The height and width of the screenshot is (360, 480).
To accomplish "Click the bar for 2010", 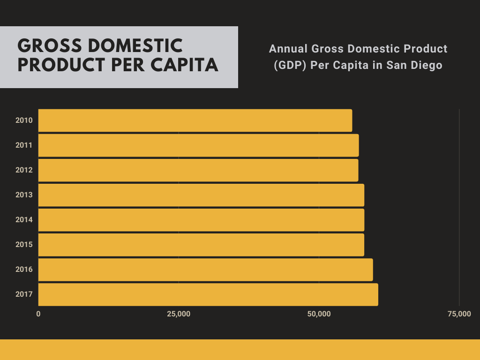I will pos(195,120).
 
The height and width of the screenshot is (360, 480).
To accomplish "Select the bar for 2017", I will pos(208,294).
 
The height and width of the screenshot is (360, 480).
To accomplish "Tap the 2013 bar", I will pos(201,195).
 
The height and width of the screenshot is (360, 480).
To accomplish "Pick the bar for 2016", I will pos(205,270).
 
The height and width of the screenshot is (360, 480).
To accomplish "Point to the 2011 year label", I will pos(24,145).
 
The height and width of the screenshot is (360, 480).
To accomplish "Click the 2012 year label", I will pos(24,170).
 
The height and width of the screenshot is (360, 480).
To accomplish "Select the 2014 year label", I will pos(24,220).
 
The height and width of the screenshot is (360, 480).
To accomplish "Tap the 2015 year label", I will pos(24,245).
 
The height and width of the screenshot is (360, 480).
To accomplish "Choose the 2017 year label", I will pos(24,294).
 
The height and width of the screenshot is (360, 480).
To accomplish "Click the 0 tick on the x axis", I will pos(38,314).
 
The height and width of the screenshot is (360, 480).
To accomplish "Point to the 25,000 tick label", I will pos(179,314).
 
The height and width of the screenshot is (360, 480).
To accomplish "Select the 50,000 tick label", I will pos(319,314).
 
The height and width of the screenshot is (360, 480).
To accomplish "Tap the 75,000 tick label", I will pos(459,314).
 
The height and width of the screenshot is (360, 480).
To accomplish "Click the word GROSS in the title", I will pos(44,46).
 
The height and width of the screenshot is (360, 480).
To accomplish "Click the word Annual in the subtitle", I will pos(286,49).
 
